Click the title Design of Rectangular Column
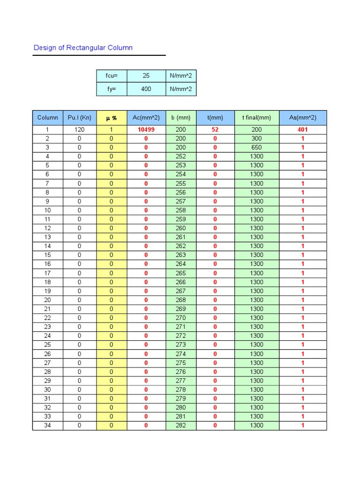click(83, 48)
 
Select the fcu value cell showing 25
click(146, 75)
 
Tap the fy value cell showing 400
click(146, 89)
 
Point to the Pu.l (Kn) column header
click(79, 118)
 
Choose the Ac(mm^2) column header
click(146, 118)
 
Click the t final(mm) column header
click(256, 118)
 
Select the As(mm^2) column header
click(303, 118)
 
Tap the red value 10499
click(146, 130)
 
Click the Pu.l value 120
click(79, 130)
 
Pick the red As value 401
click(303, 130)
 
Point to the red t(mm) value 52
click(215, 130)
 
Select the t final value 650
click(256, 148)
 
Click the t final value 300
click(256, 139)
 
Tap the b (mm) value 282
click(180, 426)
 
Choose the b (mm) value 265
click(180, 273)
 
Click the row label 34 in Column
click(47, 426)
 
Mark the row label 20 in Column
click(47, 300)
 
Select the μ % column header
click(111, 118)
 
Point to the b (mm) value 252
click(180, 157)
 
